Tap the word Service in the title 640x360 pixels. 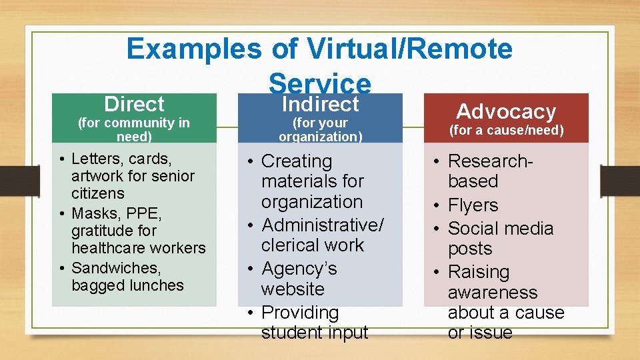click(x=319, y=83)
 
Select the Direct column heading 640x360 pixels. click(x=134, y=104)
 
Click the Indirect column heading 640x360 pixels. click(x=320, y=104)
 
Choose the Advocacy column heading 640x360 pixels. click(x=506, y=111)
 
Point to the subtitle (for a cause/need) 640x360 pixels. click(x=506, y=130)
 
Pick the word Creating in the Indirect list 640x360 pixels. click(x=296, y=161)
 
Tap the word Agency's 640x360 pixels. click(x=299, y=269)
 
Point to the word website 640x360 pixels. click(x=293, y=289)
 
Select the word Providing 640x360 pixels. click(x=300, y=313)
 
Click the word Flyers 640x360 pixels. click(x=473, y=205)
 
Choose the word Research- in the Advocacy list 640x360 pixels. click(x=491, y=161)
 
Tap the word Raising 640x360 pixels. click(x=478, y=272)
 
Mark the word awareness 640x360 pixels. click(x=492, y=293)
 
